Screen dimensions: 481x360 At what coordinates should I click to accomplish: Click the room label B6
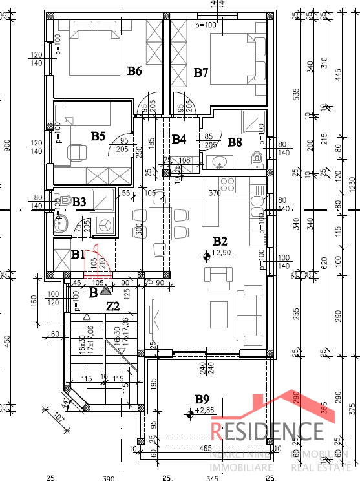click(x=134, y=71)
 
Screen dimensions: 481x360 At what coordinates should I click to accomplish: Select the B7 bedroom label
click(x=201, y=72)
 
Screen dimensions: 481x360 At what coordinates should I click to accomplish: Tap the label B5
click(x=98, y=136)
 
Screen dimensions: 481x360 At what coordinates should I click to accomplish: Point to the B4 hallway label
click(x=179, y=139)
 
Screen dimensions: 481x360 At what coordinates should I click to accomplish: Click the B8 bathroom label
click(x=235, y=142)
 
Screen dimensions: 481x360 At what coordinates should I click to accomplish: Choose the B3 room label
click(x=79, y=202)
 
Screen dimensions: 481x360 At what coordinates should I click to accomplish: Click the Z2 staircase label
click(x=112, y=306)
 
